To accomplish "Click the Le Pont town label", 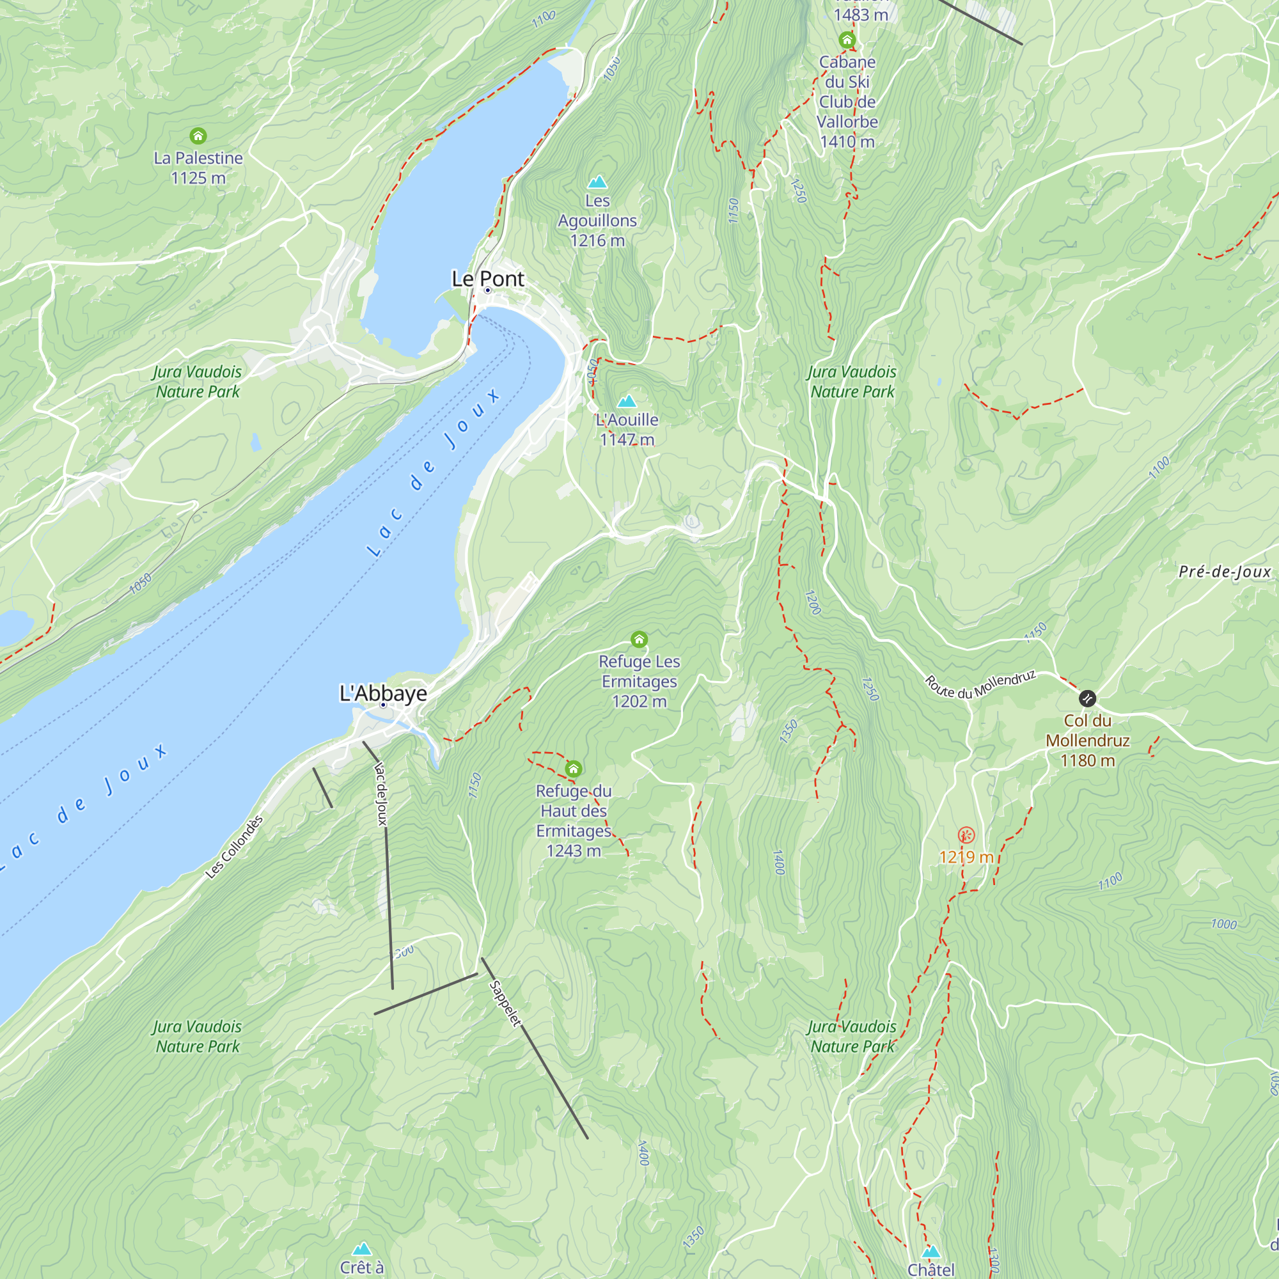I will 488,279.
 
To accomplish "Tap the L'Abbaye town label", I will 383,693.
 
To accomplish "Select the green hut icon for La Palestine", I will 198,136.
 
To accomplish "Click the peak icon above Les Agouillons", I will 597,182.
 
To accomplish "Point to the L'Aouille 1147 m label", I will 627,429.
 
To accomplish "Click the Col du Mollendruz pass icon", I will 1087,698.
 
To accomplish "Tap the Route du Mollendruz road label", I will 980,684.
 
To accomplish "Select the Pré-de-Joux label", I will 1224,572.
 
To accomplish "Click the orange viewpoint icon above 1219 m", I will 966,835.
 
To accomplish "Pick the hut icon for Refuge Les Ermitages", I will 639,639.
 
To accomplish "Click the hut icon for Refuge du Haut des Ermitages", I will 573,769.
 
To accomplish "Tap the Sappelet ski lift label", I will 505,1003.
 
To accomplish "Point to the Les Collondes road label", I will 234,847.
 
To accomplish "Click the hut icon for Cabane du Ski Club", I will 847,40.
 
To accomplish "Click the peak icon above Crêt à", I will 361,1248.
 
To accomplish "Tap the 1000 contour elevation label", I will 1223,923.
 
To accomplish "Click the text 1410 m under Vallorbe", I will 847,142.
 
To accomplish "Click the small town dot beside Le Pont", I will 488,290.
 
